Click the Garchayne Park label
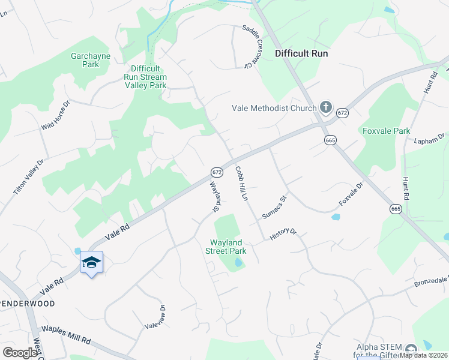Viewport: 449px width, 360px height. coord(85,60)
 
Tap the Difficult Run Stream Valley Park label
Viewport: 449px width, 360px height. coord(145,77)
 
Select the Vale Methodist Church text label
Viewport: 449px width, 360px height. coord(274,109)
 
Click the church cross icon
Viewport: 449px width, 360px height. coord(326,107)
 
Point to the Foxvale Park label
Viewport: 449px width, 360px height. coord(386,131)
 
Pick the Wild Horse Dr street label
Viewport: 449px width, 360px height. coord(56,116)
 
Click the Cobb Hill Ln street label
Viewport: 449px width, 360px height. coord(241,184)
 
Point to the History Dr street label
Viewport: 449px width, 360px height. coord(283,234)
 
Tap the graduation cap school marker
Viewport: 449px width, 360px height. coord(91,262)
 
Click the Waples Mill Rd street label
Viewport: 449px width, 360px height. coord(65,335)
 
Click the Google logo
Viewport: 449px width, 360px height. coord(20,353)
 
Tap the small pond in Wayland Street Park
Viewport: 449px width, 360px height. coord(239,262)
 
